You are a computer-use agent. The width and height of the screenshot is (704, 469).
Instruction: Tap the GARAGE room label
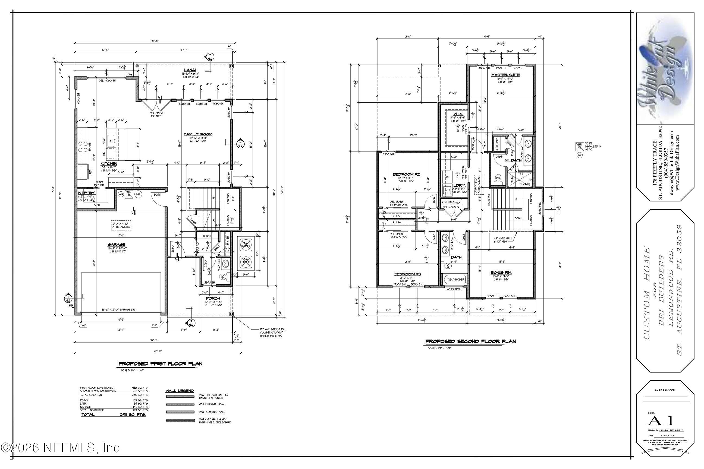(117, 244)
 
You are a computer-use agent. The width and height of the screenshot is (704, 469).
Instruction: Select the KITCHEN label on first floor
(109, 164)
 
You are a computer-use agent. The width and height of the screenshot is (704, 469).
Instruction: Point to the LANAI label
(190, 70)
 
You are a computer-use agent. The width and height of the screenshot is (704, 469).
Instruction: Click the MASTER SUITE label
(505, 75)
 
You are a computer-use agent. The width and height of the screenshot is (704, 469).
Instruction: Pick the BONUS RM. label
(501, 272)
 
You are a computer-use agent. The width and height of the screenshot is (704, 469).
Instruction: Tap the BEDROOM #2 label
(406, 174)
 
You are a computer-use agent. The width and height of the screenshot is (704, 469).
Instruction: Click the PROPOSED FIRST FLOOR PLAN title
(161, 364)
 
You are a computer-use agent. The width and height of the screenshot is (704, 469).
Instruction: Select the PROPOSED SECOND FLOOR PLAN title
(470, 341)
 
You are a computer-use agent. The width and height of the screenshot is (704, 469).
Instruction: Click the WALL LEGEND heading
(180, 391)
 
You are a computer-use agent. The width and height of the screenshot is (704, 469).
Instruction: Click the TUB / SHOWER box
(455, 279)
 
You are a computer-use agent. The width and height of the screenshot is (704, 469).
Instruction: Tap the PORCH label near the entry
(213, 298)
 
